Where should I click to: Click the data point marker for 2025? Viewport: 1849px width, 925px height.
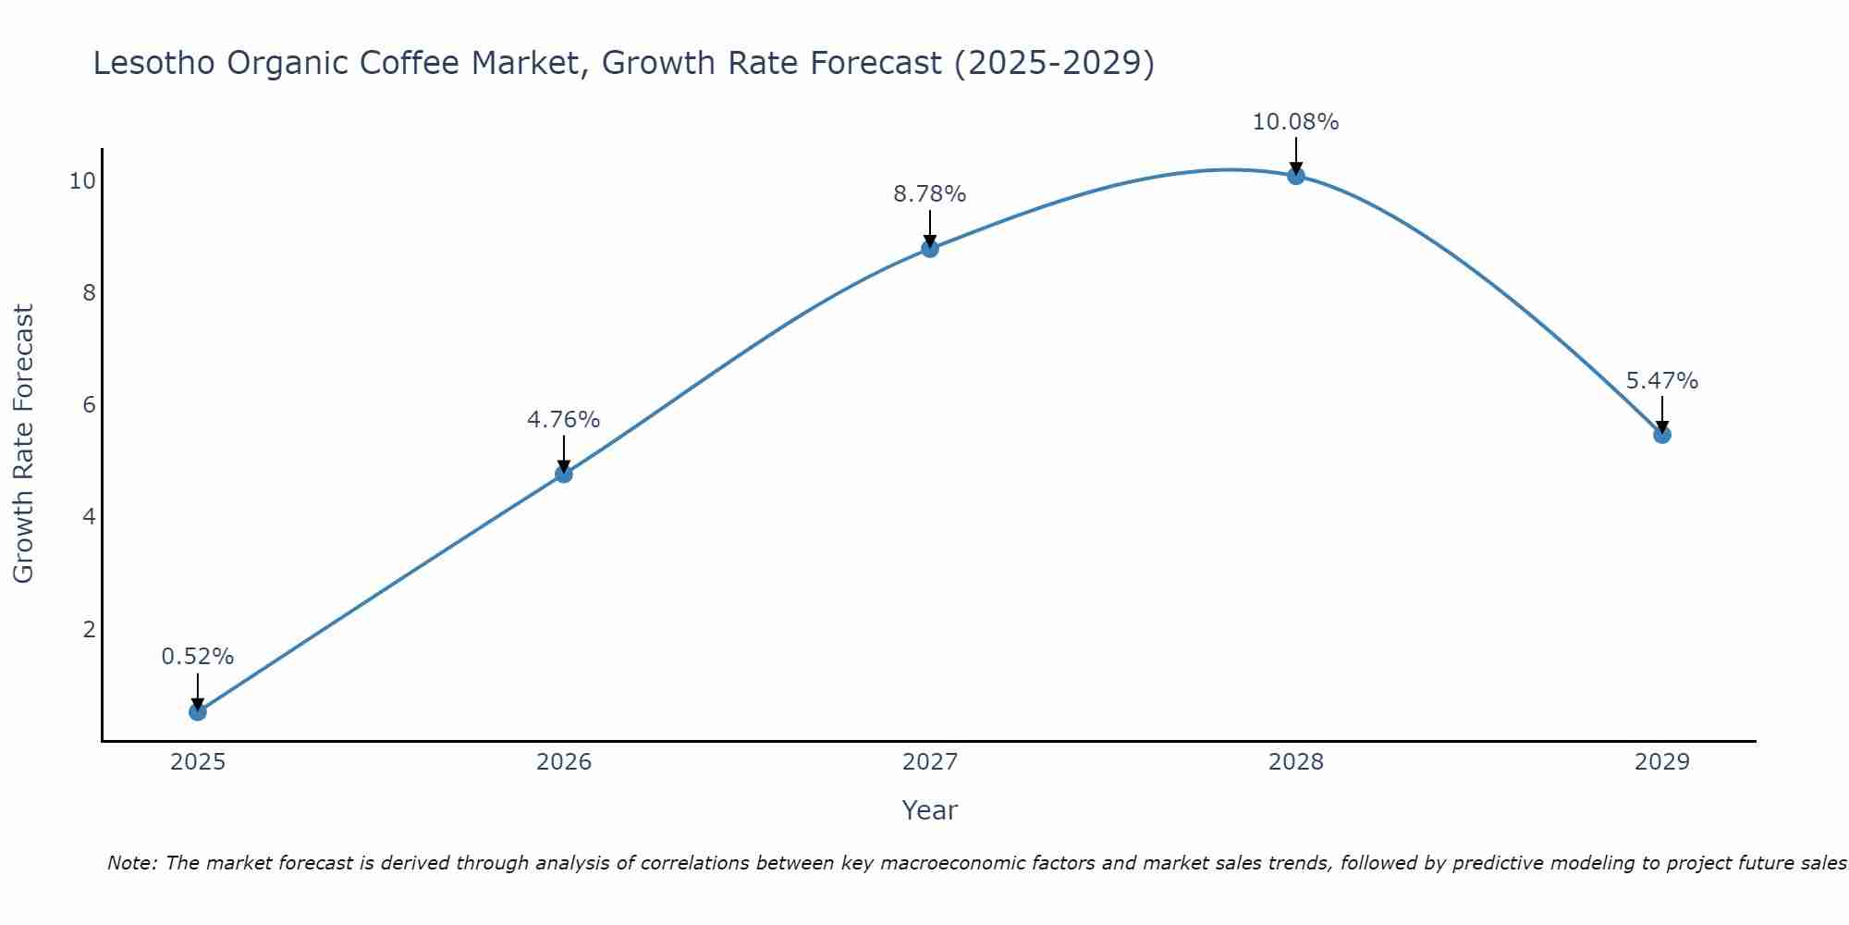click(x=198, y=711)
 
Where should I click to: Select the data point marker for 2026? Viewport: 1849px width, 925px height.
click(x=564, y=474)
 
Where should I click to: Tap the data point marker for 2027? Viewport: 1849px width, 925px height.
click(x=930, y=248)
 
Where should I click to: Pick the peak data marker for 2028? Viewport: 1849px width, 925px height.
click(x=1296, y=175)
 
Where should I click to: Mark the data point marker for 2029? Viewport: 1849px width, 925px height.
click(x=1662, y=434)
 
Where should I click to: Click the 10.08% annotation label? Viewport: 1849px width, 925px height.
click(x=1295, y=122)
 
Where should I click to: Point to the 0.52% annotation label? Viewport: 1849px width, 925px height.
click(x=198, y=657)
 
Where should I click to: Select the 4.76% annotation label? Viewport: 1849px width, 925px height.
click(x=564, y=420)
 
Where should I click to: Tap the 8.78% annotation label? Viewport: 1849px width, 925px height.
click(x=930, y=194)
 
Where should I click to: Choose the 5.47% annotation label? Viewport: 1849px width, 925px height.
click(x=1662, y=381)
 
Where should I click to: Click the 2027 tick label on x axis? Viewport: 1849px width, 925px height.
click(x=930, y=762)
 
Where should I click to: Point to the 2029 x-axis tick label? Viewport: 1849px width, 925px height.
click(x=1662, y=762)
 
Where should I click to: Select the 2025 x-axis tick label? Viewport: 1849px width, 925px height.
click(x=198, y=762)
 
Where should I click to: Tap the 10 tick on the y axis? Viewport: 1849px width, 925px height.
click(x=82, y=181)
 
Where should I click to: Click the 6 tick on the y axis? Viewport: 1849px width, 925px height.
click(x=89, y=405)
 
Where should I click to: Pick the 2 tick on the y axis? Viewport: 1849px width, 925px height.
click(x=89, y=630)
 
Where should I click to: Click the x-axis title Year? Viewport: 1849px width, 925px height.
click(x=930, y=810)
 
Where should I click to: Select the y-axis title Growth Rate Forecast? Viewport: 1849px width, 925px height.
click(x=24, y=444)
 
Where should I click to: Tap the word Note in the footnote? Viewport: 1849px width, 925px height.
click(x=132, y=863)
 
